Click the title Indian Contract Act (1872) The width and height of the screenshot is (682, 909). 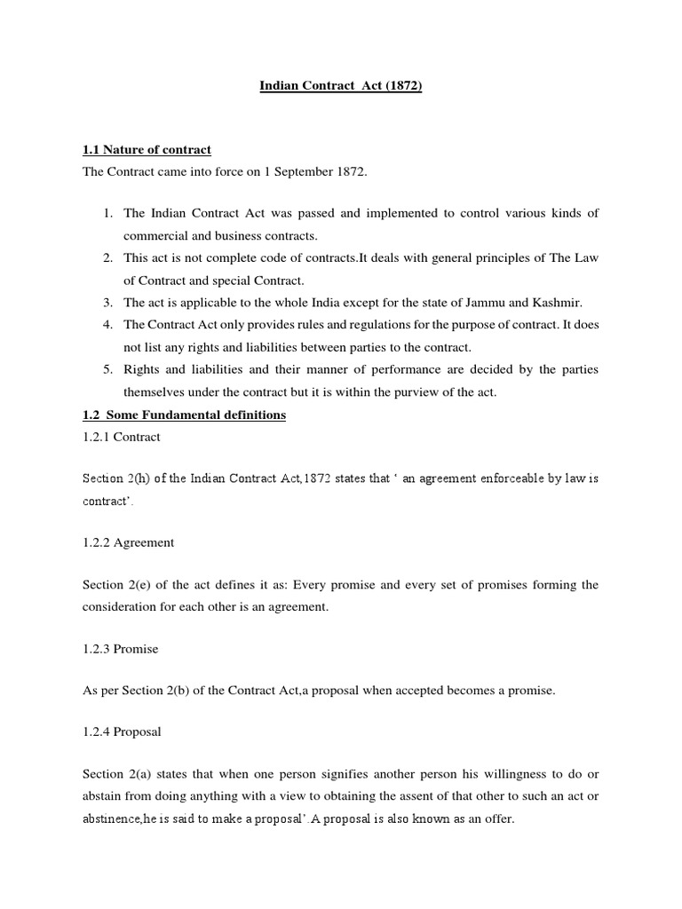tap(340, 87)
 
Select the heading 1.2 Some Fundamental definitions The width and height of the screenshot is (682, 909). tap(184, 415)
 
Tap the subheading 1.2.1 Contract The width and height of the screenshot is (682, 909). tap(121, 438)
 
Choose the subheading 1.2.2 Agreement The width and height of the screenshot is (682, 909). tap(128, 542)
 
